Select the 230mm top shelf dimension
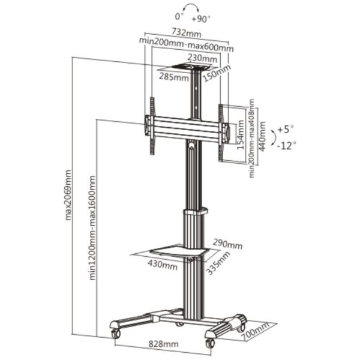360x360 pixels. (x=202, y=58)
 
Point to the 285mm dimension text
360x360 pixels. (x=173, y=77)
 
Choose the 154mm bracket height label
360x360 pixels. (x=240, y=134)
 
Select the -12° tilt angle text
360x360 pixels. (x=287, y=145)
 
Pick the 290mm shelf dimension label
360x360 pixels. (x=227, y=244)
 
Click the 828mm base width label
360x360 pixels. (x=163, y=344)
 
